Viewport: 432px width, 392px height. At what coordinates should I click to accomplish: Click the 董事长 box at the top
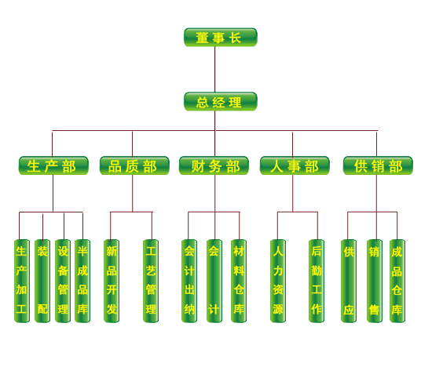(x=221, y=37)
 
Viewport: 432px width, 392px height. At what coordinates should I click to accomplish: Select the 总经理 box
(x=221, y=101)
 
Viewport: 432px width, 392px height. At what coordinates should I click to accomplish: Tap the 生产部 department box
(x=53, y=165)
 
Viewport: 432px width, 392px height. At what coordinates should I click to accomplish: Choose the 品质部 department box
(x=134, y=165)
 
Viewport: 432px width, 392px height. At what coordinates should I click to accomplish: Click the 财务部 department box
(x=214, y=165)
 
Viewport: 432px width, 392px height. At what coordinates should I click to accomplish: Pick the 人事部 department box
(x=295, y=165)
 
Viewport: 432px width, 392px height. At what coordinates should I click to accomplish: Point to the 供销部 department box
(x=378, y=165)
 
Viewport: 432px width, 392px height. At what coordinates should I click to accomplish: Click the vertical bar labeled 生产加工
(x=22, y=281)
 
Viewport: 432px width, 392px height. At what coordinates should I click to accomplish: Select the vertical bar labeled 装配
(x=42, y=281)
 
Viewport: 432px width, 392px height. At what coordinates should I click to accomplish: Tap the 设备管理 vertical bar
(x=63, y=281)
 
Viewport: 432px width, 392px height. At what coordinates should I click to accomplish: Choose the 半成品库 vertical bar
(x=82, y=281)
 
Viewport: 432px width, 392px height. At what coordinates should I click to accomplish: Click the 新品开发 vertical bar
(x=112, y=281)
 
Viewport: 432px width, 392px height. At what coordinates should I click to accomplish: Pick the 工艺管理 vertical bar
(x=151, y=281)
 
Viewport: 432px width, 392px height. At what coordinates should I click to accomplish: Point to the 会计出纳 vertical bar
(x=189, y=281)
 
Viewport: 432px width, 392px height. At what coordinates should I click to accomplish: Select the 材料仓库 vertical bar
(x=239, y=281)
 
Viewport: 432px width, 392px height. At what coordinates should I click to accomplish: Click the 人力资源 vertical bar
(x=278, y=281)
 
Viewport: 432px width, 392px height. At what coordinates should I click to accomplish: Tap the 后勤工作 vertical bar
(x=317, y=281)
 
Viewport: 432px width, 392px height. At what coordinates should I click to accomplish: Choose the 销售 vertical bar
(x=375, y=281)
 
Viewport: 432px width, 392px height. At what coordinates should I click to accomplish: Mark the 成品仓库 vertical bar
(x=397, y=281)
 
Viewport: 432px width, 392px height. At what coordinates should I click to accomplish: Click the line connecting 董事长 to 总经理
(x=215, y=69)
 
